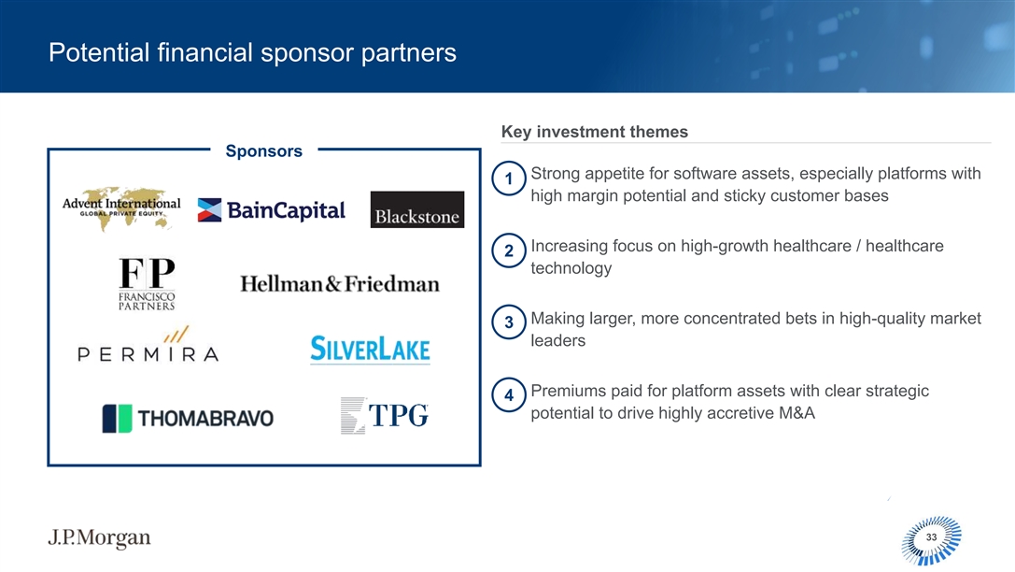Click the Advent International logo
click(x=121, y=208)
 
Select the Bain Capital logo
click(x=271, y=210)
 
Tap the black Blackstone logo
click(x=416, y=209)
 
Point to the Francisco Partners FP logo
click(x=147, y=284)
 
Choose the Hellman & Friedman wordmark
click(x=340, y=284)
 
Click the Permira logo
click(x=148, y=344)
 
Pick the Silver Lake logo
click(x=371, y=350)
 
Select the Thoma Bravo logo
click(x=188, y=418)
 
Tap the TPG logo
click(x=385, y=415)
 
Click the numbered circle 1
click(x=509, y=179)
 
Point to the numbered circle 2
click(x=509, y=250)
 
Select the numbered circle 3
click(x=509, y=322)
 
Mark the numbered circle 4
click(x=509, y=395)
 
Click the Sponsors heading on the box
click(x=264, y=150)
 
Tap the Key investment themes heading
click(x=594, y=132)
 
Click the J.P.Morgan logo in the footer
click(x=99, y=537)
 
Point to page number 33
click(x=932, y=537)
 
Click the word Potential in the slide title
click(x=99, y=52)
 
